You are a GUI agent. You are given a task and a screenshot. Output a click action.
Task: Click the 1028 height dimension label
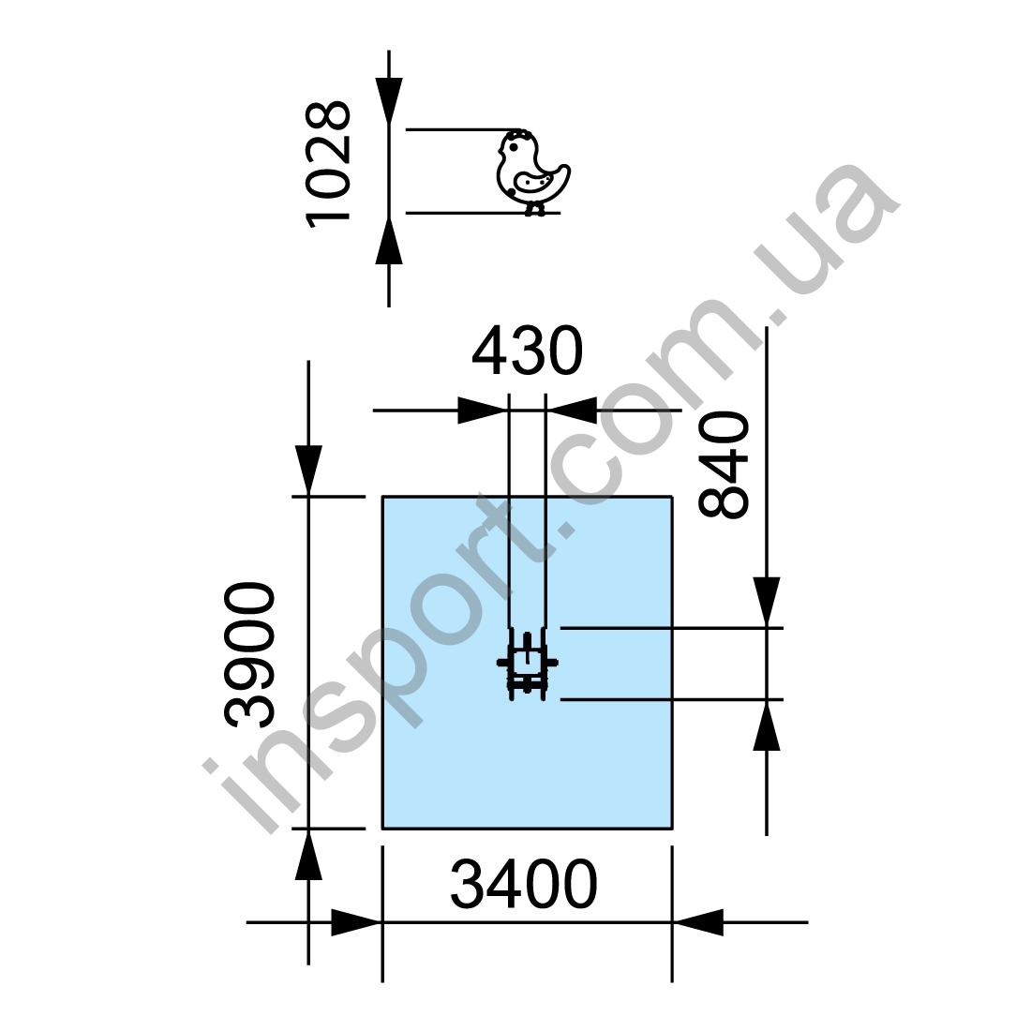[328, 164]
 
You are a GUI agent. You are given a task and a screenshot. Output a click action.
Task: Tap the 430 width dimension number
[528, 351]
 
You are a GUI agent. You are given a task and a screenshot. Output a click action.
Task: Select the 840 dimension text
[724, 465]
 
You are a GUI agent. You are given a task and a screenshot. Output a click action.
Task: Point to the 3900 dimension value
[250, 655]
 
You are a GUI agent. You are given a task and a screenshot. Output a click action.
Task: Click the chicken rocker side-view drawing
[533, 173]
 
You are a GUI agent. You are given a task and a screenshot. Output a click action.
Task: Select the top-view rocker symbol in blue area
[527, 664]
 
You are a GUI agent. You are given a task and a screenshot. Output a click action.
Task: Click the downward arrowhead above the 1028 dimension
[389, 99]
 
